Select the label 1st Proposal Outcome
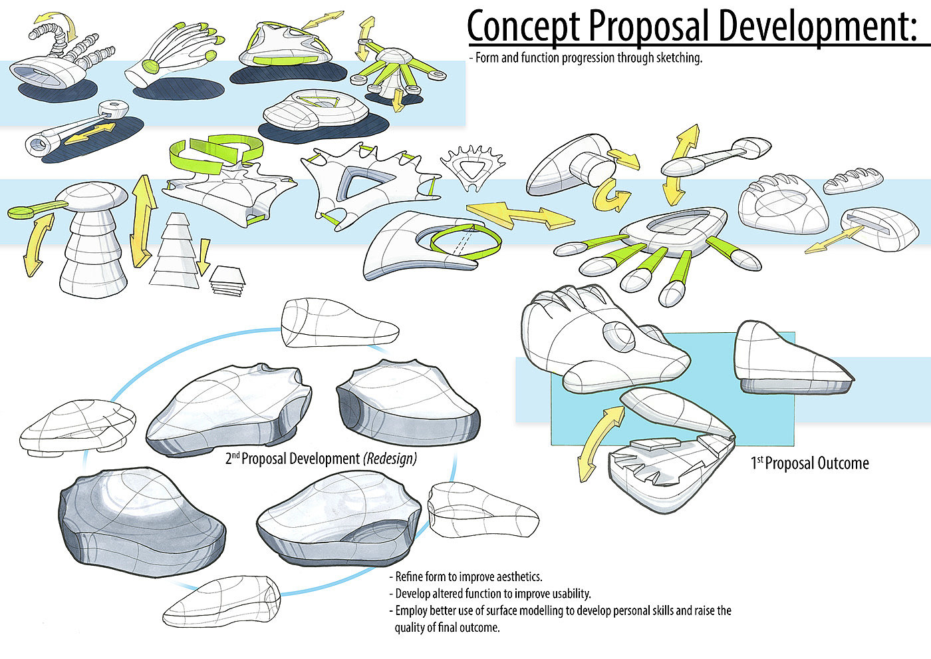[809, 463]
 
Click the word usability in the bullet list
[567, 593]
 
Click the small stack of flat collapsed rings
[226, 280]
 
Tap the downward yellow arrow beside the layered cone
[204, 258]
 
